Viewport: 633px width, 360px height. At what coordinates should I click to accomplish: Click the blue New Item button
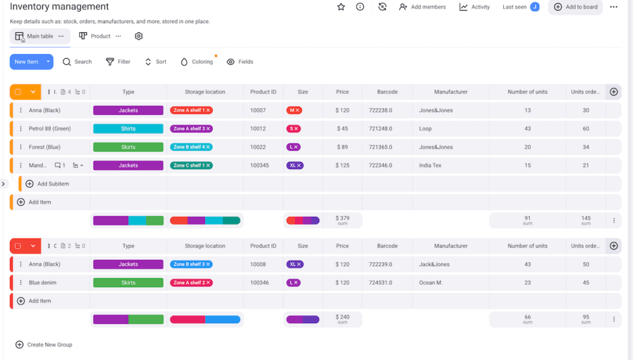tap(26, 62)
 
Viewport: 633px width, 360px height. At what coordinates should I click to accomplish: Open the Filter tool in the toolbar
tap(118, 62)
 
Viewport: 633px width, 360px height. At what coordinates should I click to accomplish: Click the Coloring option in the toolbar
tap(197, 62)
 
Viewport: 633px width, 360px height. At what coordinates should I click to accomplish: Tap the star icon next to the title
tap(341, 7)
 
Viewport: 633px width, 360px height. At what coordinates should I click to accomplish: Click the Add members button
tap(422, 7)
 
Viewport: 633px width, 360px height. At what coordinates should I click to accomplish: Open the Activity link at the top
tap(474, 7)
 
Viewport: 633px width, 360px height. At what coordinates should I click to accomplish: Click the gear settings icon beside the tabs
tap(138, 36)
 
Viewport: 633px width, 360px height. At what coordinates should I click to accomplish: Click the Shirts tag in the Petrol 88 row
tap(128, 129)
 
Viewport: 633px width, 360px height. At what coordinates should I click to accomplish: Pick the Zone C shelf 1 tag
tap(191, 166)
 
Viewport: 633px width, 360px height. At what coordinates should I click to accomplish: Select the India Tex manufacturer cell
tap(430, 166)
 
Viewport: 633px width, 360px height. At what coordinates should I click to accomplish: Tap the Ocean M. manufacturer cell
tap(430, 283)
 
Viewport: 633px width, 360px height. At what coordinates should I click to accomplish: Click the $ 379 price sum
tap(342, 220)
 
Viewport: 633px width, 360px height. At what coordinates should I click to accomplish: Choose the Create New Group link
tap(49, 345)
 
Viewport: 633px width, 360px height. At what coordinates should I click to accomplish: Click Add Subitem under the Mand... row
tap(53, 184)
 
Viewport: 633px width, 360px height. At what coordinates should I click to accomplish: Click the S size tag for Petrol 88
tap(293, 129)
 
